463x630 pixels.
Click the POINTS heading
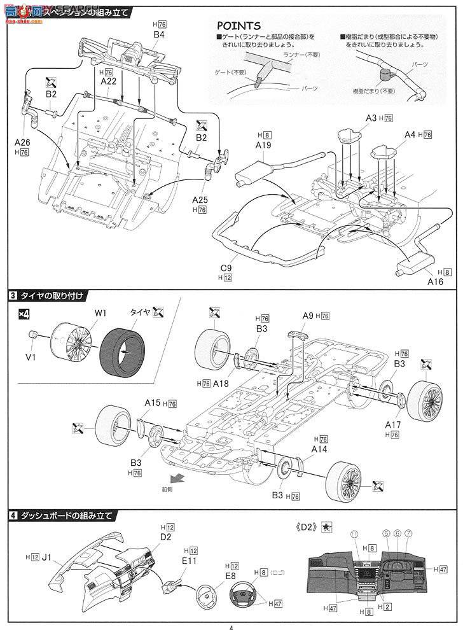pyautogui.click(x=238, y=25)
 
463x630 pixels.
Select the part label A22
pyautogui.click(x=107, y=81)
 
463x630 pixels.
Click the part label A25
pyautogui.click(x=200, y=199)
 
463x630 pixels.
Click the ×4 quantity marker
pyautogui.click(x=24, y=313)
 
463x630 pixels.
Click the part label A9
pyautogui.click(x=308, y=316)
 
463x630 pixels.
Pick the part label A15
pyautogui.click(x=152, y=403)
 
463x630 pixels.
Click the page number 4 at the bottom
pyautogui.click(x=231, y=626)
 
